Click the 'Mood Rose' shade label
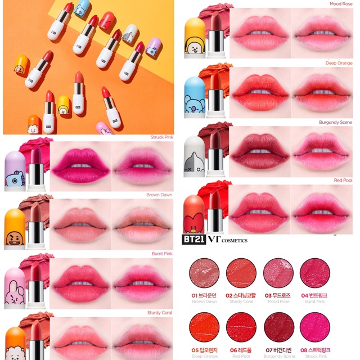[x=339, y=3]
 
